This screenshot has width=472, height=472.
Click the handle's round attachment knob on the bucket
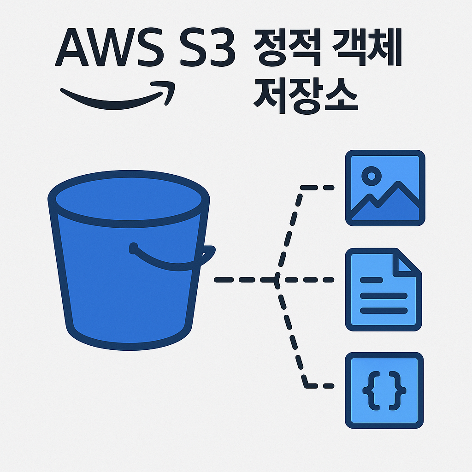click(x=134, y=249)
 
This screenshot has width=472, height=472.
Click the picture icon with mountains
click(x=385, y=188)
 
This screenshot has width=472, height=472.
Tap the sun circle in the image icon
click(x=372, y=175)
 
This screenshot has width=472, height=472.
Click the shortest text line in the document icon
click(x=372, y=279)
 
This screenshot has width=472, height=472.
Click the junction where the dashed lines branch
click(x=277, y=279)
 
